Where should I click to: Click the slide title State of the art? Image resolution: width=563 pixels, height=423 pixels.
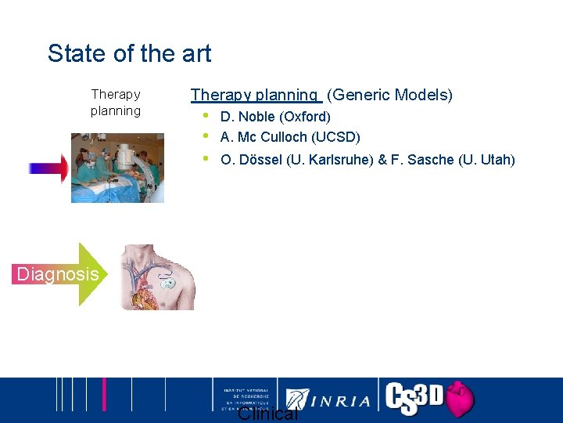point(129,53)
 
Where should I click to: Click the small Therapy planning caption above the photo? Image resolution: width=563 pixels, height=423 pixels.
point(116,103)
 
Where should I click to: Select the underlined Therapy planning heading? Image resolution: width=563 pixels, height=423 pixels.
point(256,95)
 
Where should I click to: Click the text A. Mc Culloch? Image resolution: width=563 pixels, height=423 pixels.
point(264,137)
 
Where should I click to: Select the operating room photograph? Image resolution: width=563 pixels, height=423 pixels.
point(117,168)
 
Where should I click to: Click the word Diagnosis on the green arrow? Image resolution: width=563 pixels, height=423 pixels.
point(59,274)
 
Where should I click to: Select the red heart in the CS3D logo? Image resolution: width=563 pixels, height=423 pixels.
point(459,399)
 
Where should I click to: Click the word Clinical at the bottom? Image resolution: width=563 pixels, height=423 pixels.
point(267,414)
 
